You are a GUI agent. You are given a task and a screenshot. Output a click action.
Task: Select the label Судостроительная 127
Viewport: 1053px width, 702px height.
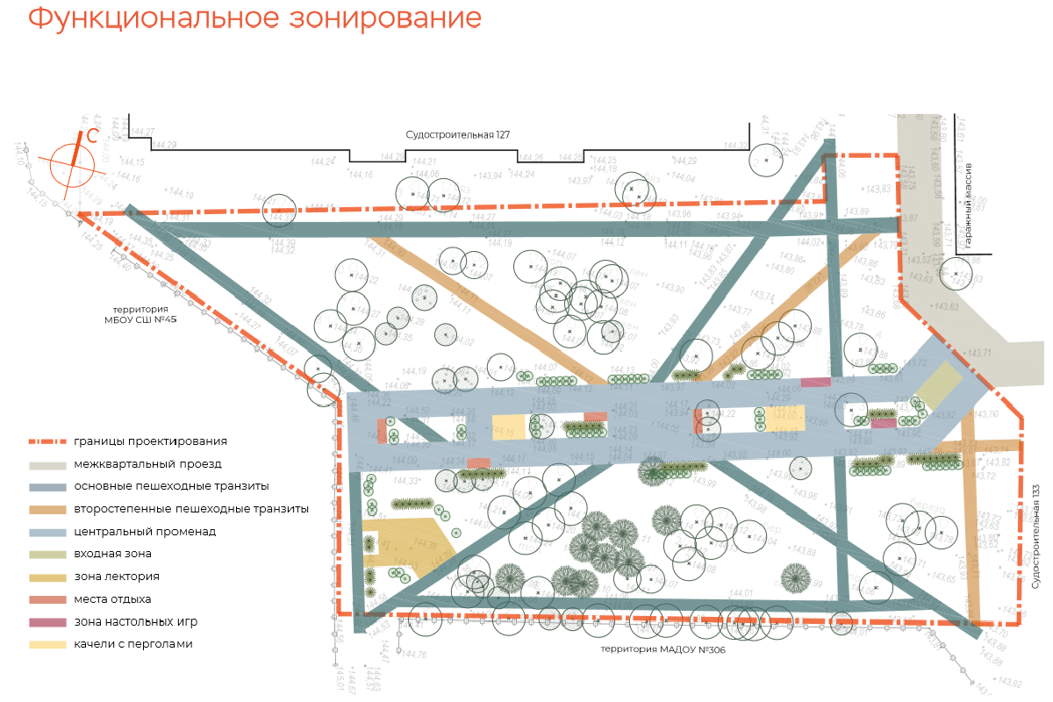tap(457, 135)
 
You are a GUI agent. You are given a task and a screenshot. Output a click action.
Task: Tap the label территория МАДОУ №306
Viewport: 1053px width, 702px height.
tap(663, 650)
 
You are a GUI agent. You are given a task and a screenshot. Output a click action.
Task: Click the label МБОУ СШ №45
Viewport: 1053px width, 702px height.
tap(141, 320)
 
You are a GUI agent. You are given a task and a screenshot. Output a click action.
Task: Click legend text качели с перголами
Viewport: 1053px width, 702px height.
tap(133, 644)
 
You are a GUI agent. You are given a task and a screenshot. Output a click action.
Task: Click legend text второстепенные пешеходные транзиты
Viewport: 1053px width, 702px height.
tap(191, 509)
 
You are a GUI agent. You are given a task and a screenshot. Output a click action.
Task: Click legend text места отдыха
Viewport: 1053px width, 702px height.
tap(112, 599)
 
